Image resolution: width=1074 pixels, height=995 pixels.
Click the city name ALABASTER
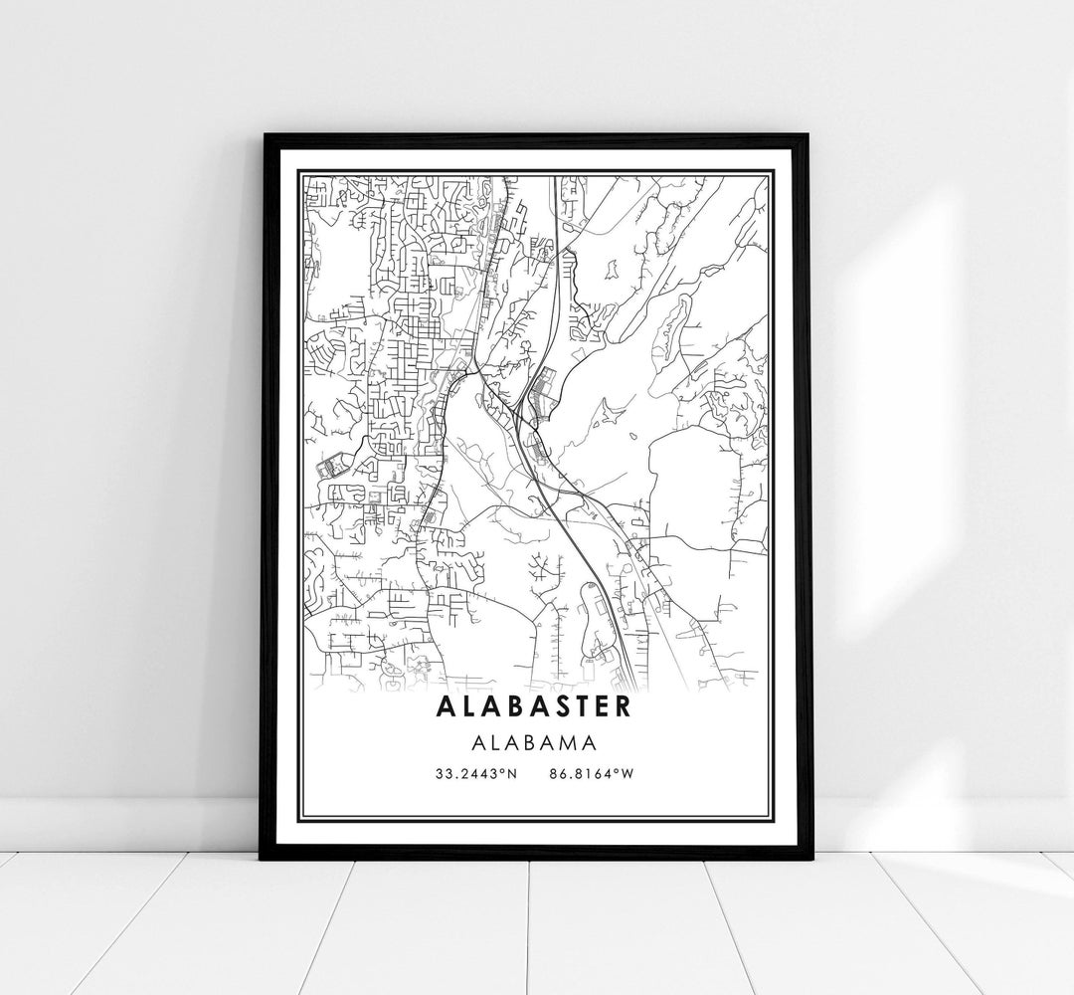[x=532, y=706]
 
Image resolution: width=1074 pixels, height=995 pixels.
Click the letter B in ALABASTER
[x=510, y=706]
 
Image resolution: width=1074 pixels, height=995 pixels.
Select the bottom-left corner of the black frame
[x=262, y=857]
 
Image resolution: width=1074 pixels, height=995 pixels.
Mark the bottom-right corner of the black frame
[x=809, y=857]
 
